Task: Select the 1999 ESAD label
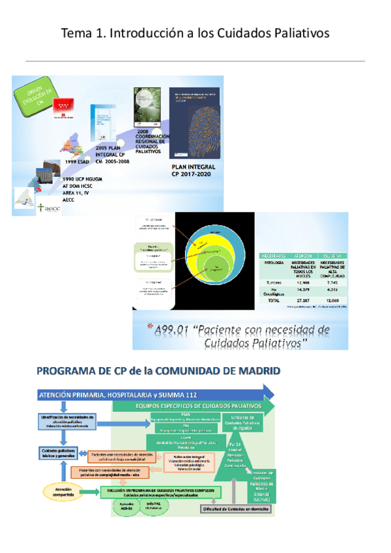click(x=78, y=162)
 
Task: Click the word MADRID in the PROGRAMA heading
click(x=253, y=371)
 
